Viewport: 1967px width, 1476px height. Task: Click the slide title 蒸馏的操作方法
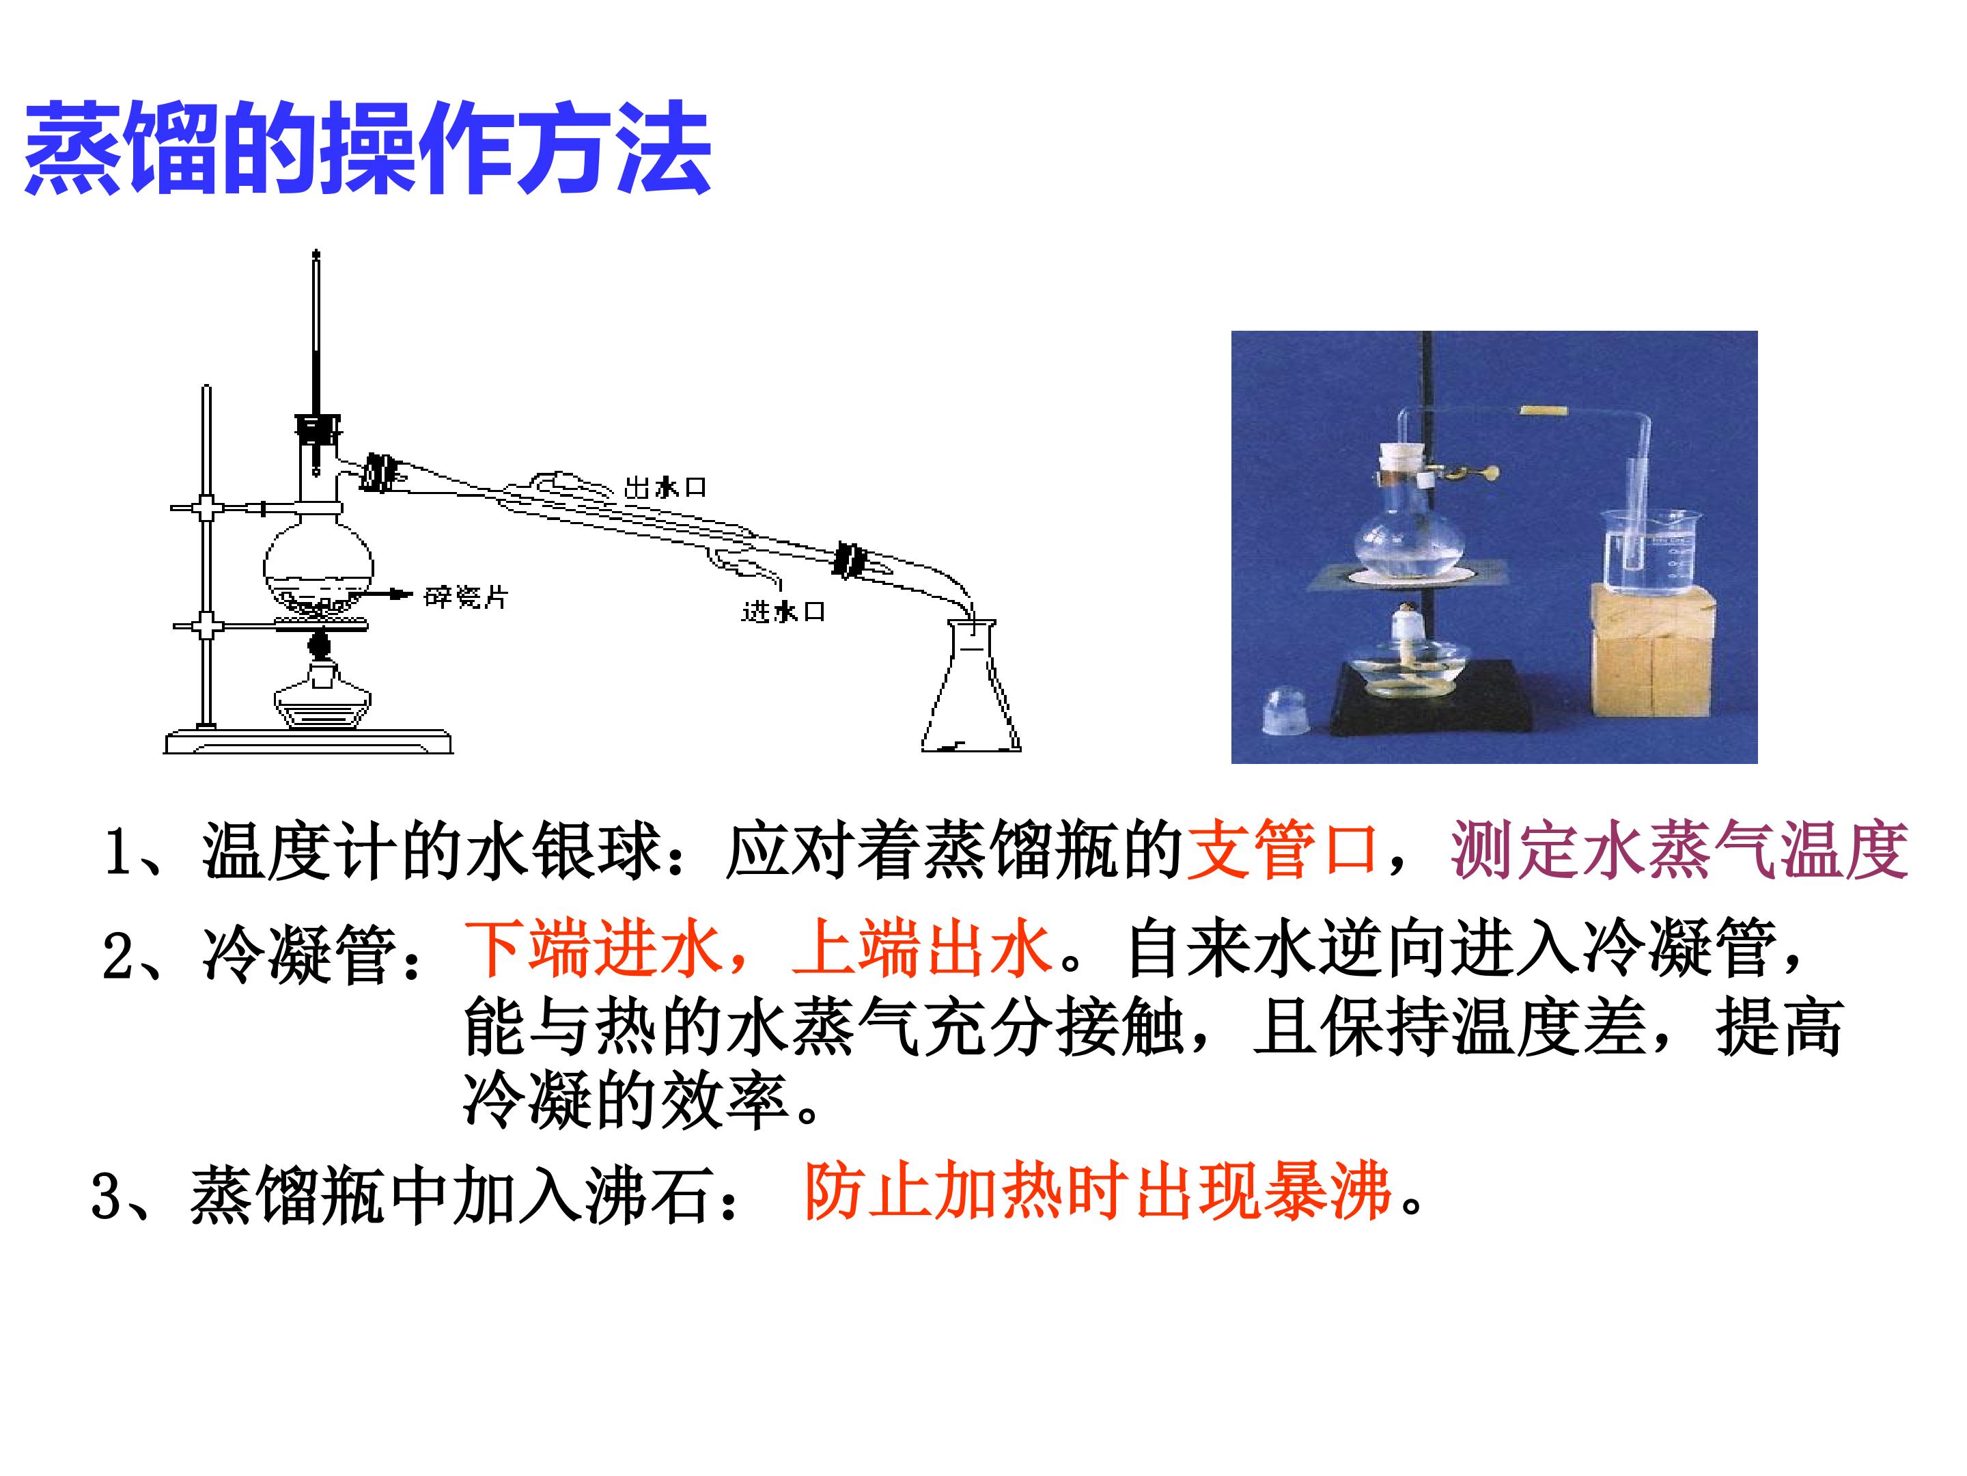pos(367,147)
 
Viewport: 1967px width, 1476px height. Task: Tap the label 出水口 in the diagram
pos(665,487)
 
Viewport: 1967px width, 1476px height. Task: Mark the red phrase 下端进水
pos(592,948)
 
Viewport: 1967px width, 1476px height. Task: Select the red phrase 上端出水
pos(922,948)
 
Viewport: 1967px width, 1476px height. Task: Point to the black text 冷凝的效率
pos(626,1102)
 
